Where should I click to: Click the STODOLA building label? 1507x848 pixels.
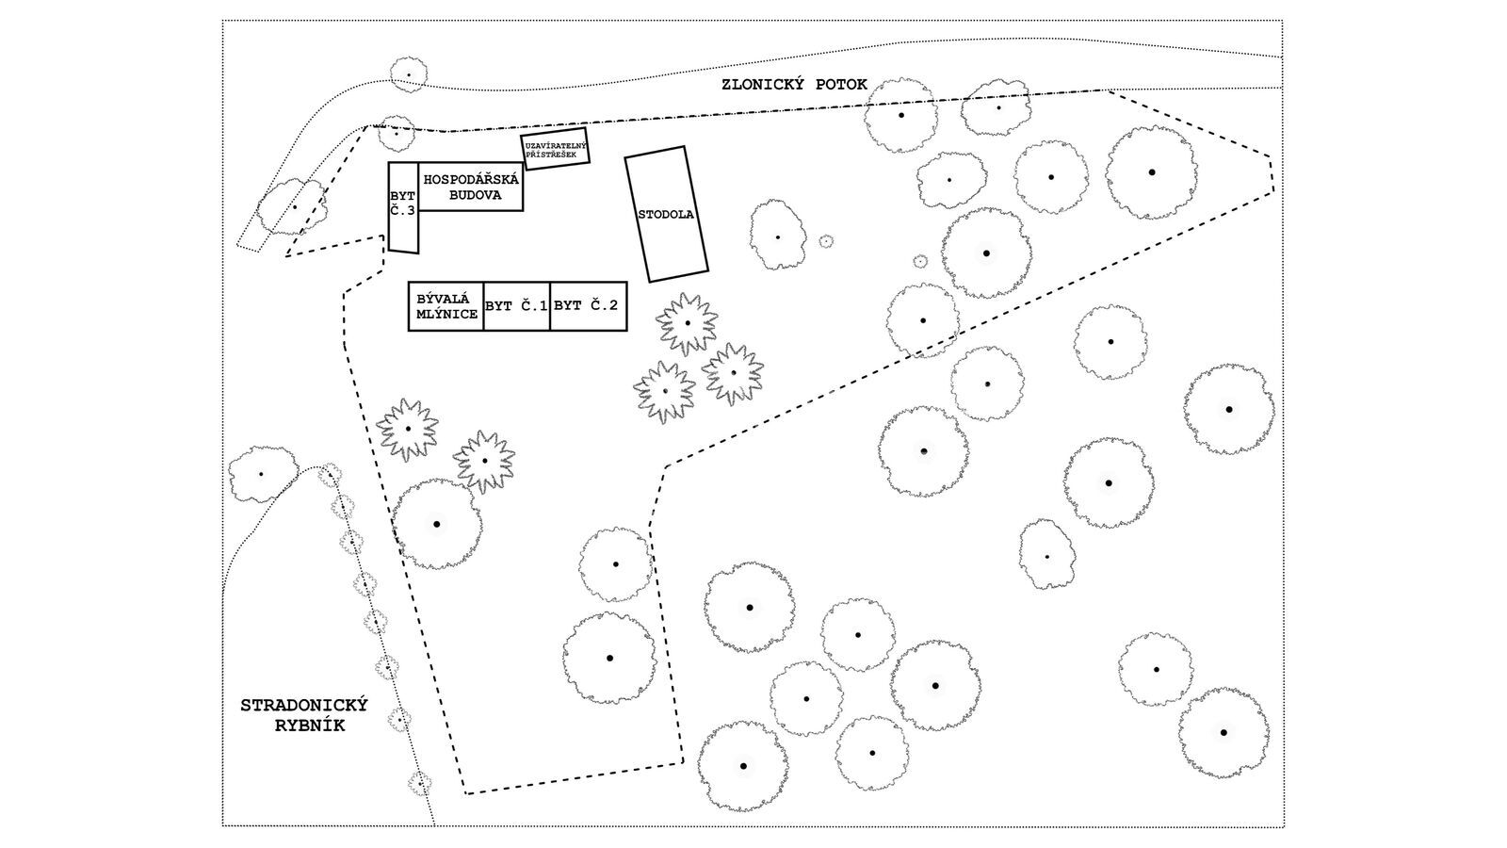[x=666, y=215]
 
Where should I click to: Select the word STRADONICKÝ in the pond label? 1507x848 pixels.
[x=303, y=706]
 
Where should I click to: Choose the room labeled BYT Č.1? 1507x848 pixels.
[x=516, y=306]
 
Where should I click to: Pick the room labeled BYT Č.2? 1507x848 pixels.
[x=586, y=306]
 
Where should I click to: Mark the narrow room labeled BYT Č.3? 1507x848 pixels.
[x=402, y=204]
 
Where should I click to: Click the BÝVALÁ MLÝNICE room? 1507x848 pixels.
[x=446, y=306]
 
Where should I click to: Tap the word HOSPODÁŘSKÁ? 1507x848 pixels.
[x=471, y=179]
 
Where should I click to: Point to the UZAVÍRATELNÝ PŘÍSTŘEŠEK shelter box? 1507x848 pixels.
[x=556, y=149]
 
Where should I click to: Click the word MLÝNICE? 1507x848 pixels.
[x=446, y=315]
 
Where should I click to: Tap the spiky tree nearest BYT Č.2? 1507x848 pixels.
[x=688, y=323]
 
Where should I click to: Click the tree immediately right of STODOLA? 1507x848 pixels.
[x=777, y=236]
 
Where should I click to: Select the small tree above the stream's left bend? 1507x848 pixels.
[x=408, y=73]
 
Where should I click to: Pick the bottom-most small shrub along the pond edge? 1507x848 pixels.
[x=419, y=782]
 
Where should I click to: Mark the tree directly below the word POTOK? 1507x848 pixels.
[x=901, y=115]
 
